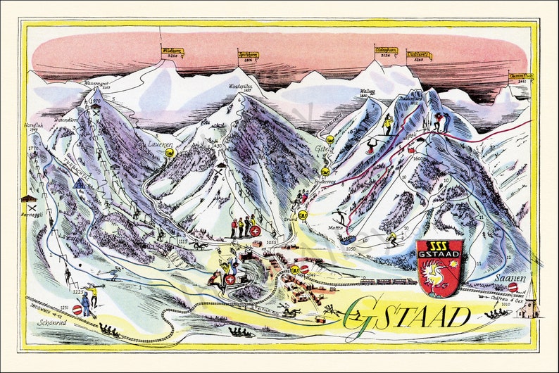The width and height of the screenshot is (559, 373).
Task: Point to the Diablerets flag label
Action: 419,55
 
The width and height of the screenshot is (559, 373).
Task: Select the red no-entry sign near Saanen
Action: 513,287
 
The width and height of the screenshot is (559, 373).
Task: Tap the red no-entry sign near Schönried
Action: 77,310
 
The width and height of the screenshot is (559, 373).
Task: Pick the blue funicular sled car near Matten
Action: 348,239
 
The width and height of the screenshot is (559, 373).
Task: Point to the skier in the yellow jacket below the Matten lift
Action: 392,239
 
